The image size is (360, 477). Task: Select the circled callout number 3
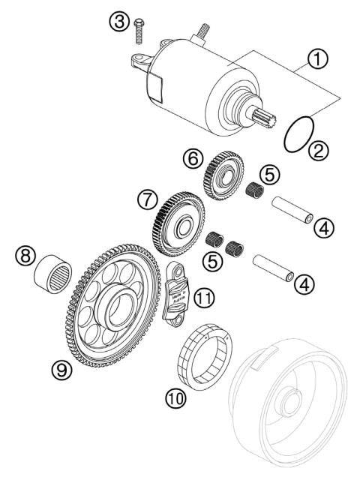tap(118, 22)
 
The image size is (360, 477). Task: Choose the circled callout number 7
tap(148, 200)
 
